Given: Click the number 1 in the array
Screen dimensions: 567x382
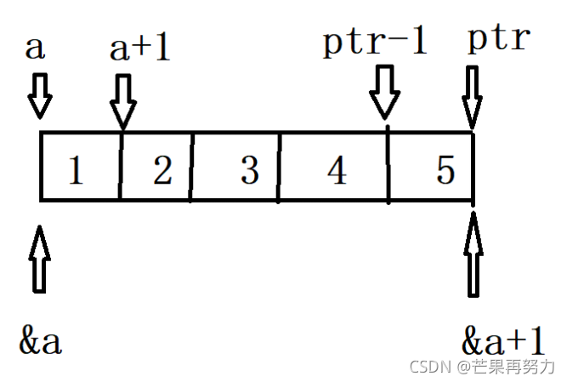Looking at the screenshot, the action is click(76, 172).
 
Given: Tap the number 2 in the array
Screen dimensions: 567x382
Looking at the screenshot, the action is click(162, 172).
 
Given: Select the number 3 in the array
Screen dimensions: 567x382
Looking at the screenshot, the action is click(249, 171).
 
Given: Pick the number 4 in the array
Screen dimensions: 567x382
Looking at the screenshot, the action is click(337, 172).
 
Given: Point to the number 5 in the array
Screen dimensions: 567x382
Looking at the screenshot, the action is click(445, 171).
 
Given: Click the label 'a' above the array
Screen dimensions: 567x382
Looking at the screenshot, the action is click(35, 48).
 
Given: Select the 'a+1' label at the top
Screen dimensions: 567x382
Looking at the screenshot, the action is click(140, 48).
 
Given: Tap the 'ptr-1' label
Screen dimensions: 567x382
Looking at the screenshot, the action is click(375, 43).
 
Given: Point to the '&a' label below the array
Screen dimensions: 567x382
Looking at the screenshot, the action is click(41, 342).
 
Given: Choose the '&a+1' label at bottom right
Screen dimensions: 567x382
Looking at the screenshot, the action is click(502, 342).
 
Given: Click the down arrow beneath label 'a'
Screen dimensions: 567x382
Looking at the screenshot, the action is click(39, 94).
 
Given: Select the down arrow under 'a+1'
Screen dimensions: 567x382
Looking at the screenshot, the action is click(123, 100).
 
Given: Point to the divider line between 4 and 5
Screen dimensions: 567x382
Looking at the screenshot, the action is click(388, 166).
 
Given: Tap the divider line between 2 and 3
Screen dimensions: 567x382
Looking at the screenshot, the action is click(191, 167).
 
